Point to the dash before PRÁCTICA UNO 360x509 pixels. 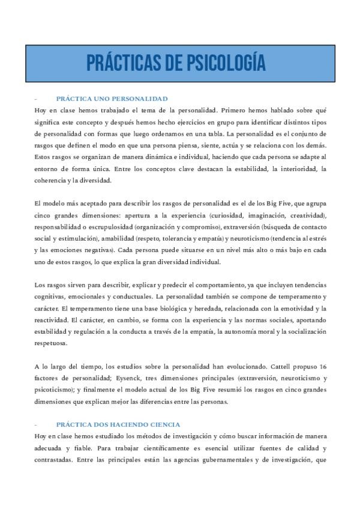point(37,99)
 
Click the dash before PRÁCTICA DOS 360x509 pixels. point(37,423)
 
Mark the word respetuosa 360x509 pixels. point(53,343)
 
